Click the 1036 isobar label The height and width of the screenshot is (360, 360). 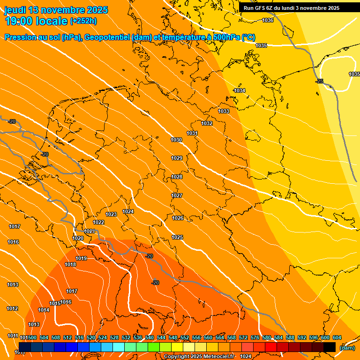[268, 20]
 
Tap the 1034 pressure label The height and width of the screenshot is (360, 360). [240, 90]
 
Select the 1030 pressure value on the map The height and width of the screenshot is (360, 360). [176, 140]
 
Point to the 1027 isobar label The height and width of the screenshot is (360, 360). [177, 195]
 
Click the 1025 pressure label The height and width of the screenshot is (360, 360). [177, 237]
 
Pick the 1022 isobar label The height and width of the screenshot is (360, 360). [98, 222]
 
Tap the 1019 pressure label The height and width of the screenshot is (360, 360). [81, 258]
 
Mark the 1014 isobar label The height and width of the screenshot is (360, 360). [44, 310]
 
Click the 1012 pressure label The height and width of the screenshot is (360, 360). [12, 308]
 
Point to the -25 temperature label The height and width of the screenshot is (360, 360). [319, 81]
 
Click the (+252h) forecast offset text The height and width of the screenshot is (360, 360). [83, 21]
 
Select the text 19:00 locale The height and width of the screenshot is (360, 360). [36, 21]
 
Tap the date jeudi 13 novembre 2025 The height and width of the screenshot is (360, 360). [56, 10]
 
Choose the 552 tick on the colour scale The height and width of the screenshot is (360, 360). [185, 337]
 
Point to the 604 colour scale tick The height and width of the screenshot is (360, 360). [337, 337]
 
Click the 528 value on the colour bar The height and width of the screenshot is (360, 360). [114, 337]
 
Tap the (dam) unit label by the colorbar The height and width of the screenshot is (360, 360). [347, 347]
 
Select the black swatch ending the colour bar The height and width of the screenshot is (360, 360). [330, 347]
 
